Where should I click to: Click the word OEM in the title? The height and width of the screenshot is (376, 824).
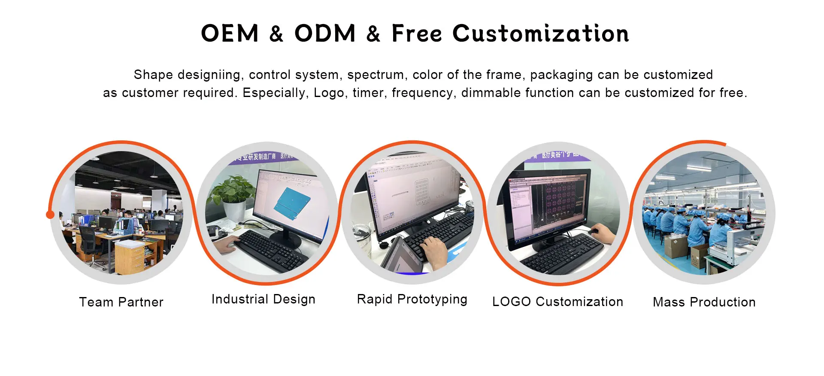[x=230, y=33]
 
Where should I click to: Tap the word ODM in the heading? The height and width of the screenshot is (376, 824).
[x=325, y=33]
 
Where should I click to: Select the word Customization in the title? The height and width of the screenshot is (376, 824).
[x=541, y=33]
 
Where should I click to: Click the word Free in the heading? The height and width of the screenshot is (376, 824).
[x=416, y=33]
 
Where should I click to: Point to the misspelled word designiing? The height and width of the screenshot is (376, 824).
[x=209, y=75]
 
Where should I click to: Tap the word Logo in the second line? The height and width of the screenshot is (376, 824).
[x=329, y=93]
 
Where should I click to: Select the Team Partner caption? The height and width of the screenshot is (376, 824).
[x=121, y=302]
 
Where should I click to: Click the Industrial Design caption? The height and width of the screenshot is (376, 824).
[x=264, y=299]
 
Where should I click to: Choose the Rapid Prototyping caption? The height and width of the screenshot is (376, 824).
[x=412, y=299]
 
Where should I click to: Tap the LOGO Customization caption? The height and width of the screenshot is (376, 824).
[x=557, y=302]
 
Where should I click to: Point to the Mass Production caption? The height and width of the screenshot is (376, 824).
[x=704, y=302]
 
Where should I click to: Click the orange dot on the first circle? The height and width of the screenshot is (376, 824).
[x=50, y=214]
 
